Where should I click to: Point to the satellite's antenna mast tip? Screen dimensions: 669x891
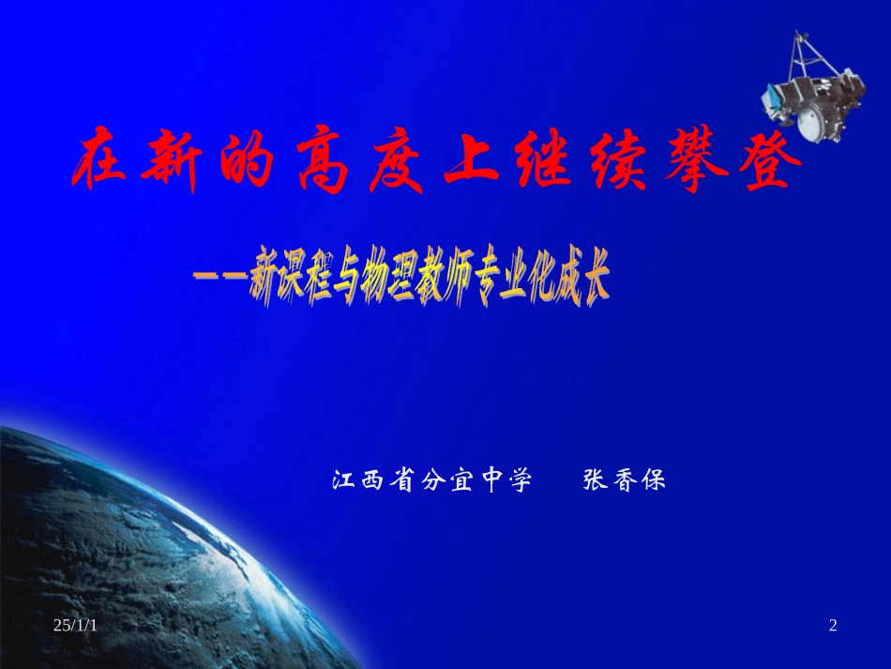(x=798, y=35)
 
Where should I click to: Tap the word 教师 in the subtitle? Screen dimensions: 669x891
(x=453, y=279)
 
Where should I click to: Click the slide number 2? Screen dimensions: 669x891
(x=832, y=626)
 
